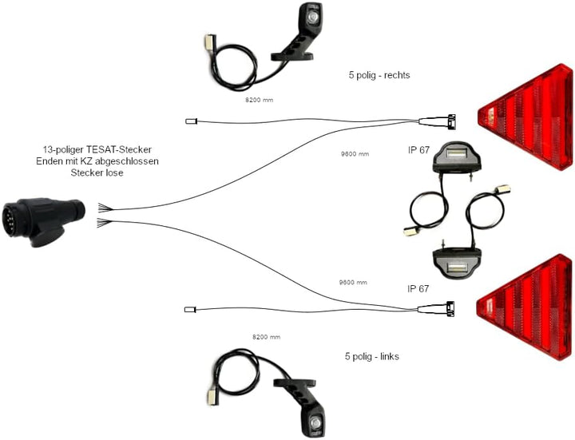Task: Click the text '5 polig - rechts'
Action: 379,75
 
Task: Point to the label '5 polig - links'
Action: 372,356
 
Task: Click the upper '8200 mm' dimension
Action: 260,100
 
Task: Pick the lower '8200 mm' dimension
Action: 266,337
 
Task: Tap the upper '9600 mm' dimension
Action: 355,154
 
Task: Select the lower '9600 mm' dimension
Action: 353,283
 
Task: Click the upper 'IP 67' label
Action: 418,150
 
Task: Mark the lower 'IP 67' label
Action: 418,289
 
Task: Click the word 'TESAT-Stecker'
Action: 119,149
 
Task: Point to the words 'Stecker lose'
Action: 97,172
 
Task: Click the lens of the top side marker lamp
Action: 312,17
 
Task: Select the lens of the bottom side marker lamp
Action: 315,422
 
